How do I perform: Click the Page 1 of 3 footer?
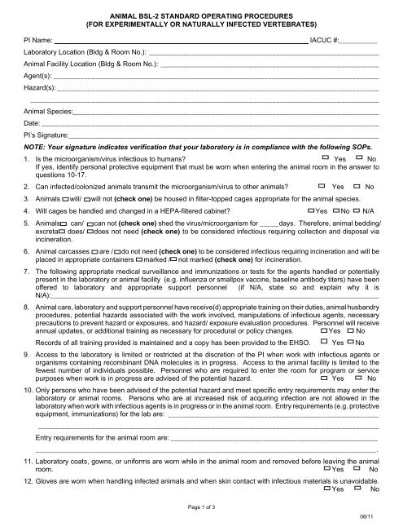200,507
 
